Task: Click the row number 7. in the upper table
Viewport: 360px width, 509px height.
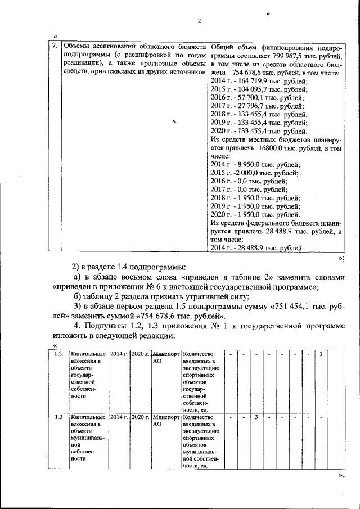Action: pyautogui.click(x=55, y=46)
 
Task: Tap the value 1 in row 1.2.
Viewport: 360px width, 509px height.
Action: pyautogui.click(x=321, y=354)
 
